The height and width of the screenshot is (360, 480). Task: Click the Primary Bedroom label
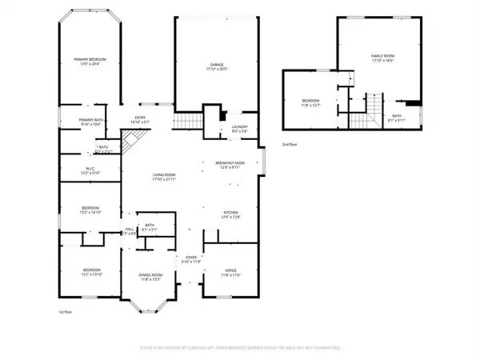pyautogui.click(x=90, y=62)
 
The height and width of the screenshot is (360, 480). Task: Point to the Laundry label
pyautogui.click(x=238, y=128)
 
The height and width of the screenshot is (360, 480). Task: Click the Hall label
pyautogui.click(x=128, y=231)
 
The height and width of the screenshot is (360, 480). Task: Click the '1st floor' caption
pyautogui.click(x=67, y=311)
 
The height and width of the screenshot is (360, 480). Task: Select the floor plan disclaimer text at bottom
pyautogui.click(x=240, y=348)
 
